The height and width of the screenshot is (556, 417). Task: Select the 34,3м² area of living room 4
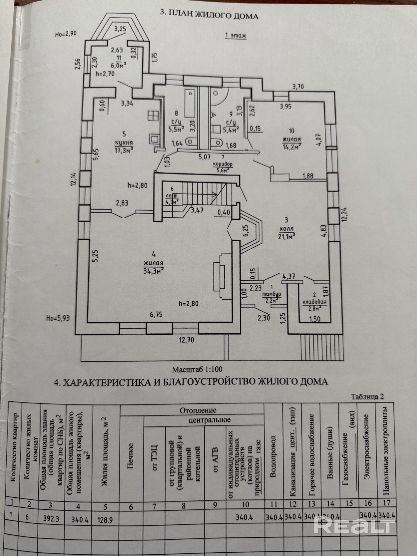point(153,271)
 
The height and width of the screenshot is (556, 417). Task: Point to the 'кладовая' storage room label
point(314,302)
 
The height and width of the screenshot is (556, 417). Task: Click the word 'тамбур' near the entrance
point(271,294)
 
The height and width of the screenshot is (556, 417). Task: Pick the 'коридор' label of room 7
point(223,164)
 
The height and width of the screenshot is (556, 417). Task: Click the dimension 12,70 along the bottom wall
point(187,340)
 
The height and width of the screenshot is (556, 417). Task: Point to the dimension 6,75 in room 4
point(156,315)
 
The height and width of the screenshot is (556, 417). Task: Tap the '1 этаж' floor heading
point(235,36)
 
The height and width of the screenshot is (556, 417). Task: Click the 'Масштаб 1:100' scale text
point(197,369)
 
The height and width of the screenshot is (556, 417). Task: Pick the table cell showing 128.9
point(105,520)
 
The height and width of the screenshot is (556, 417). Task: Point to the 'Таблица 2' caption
point(367,397)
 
